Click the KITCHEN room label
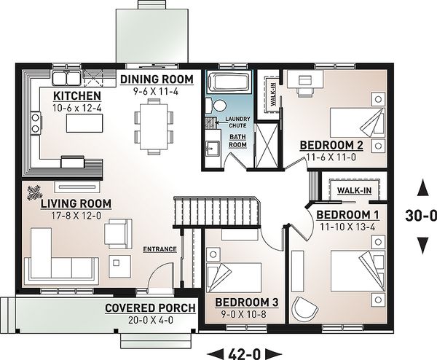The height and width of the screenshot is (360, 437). click(x=77, y=95)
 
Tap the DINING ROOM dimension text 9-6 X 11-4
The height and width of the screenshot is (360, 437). click(x=156, y=91)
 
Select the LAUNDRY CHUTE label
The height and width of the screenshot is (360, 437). click(x=237, y=122)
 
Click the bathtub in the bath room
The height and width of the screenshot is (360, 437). click(x=229, y=81)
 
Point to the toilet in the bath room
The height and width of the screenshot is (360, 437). click(x=216, y=106)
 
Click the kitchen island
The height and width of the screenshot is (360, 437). click(x=84, y=123)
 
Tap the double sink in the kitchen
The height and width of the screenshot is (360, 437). click(x=66, y=77)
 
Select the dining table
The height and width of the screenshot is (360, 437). click(x=154, y=127)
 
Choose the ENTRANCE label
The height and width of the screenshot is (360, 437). click(x=160, y=249)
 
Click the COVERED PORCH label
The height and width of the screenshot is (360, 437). click(x=150, y=308)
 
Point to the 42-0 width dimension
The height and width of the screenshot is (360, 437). click(x=245, y=354)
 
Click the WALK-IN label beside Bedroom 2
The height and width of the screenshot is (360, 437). click(x=273, y=94)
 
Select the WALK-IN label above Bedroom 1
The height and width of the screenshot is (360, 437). click(x=354, y=190)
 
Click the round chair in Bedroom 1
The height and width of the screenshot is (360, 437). click(x=304, y=309)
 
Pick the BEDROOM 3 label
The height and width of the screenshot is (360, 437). click(x=247, y=302)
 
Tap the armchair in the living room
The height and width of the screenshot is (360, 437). click(x=118, y=233)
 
